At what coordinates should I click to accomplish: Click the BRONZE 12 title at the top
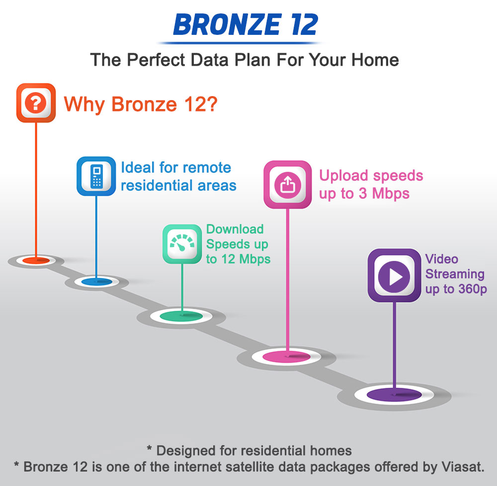coord(246,24)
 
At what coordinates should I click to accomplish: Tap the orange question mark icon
coord(36,103)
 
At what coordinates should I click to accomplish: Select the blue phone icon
coord(96,176)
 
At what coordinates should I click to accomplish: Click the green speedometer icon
coord(182,244)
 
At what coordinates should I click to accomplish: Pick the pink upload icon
coord(287,185)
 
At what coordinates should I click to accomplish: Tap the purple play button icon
coord(394,275)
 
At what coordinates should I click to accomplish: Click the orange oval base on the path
coord(36,261)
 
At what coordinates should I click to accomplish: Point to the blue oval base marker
coord(97,282)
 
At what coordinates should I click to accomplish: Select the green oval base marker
coord(181,316)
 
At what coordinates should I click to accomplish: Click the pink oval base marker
coord(287,357)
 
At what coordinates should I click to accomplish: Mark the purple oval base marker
coord(394,395)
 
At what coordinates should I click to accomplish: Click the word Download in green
coord(235,229)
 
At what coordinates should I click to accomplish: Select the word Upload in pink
coord(343,176)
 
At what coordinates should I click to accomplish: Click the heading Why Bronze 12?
coord(141,104)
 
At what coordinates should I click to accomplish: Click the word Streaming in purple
coord(455,274)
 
